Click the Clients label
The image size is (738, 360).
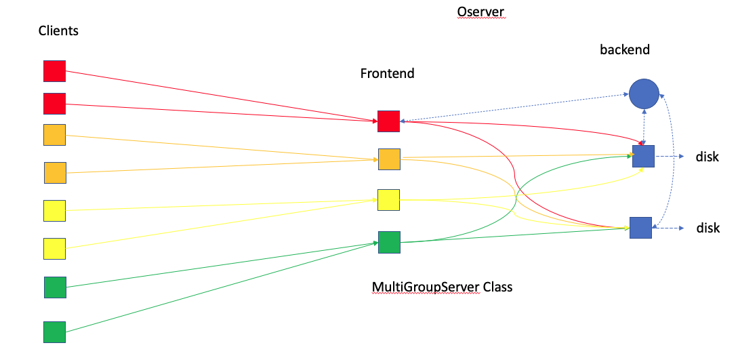click(58, 31)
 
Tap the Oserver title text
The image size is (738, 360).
click(480, 12)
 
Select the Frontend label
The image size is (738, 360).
click(387, 73)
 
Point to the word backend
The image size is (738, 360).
click(624, 49)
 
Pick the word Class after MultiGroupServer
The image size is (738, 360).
click(497, 287)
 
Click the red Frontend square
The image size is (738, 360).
click(388, 121)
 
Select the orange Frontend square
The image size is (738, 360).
click(389, 159)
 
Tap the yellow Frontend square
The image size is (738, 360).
click(388, 200)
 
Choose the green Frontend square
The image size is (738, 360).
click(389, 242)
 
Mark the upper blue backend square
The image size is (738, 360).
click(643, 156)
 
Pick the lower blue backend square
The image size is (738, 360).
click(640, 228)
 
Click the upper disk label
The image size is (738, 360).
click(707, 157)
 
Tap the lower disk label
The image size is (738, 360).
click(708, 228)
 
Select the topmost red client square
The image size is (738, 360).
click(54, 71)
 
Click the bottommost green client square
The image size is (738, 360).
click(54, 332)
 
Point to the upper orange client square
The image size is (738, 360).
click(54, 135)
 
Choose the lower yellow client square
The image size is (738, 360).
click(54, 249)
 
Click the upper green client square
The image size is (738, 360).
click(55, 287)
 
